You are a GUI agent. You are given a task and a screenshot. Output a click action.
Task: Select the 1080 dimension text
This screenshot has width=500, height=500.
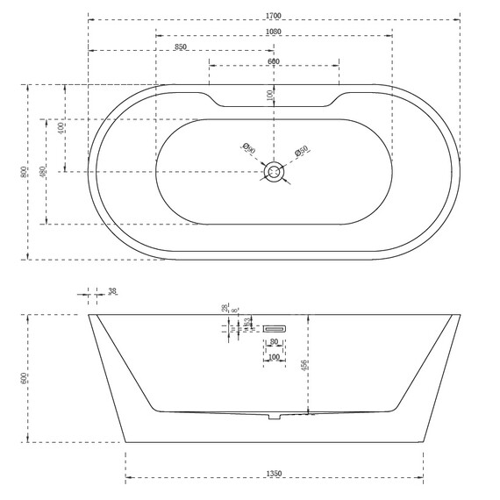pyautogui.click(x=273, y=32)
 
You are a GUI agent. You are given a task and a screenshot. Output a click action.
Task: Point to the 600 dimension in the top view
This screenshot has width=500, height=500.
pyautogui.click(x=273, y=61)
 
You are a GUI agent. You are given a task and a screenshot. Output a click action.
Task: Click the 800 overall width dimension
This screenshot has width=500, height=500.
pyautogui.click(x=24, y=172)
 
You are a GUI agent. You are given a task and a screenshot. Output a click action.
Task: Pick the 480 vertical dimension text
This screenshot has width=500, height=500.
pyautogui.click(x=44, y=172)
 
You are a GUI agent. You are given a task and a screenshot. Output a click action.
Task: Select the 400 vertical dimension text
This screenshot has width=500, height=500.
pyautogui.click(x=61, y=128)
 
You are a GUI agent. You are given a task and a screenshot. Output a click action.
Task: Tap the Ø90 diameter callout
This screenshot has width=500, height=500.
pyautogui.click(x=248, y=149)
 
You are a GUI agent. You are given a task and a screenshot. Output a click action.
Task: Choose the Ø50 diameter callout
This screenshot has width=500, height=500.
pyautogui.click(x=300, y=153)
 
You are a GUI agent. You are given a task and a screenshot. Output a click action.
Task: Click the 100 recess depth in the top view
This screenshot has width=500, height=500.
pyautogui.click(x=269, y=94)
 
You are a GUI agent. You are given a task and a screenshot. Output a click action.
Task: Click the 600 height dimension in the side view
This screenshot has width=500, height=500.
pyautogui.click(x=25, y=378)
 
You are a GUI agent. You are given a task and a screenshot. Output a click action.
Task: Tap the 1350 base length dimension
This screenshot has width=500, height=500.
pyautogui.click(x=273, y=475)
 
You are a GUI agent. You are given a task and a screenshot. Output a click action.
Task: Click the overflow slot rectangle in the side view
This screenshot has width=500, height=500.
pyautogui.click(x=273, y=327)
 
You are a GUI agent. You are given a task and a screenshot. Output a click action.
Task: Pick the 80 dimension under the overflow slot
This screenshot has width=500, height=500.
pyautogui.click(x=273, y=341)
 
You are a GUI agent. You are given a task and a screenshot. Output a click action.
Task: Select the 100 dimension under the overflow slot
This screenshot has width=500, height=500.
pyautogui.click(x=273, y=357)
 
